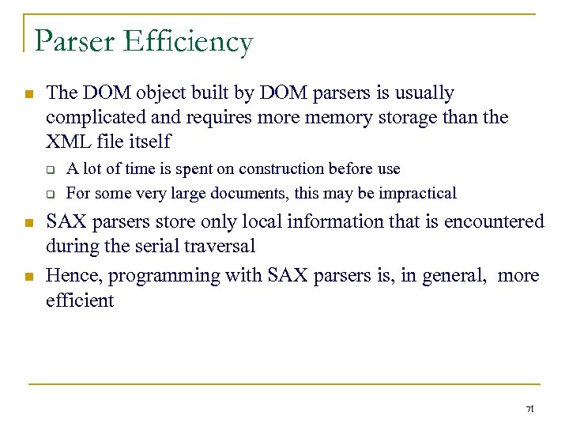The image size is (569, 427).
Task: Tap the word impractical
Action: [417, 193]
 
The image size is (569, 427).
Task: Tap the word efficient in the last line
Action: [80, 300]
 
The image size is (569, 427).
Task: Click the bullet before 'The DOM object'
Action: [28, 94]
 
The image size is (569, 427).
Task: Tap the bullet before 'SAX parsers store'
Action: [28, 223]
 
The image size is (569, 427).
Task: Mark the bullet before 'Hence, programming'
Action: [28, 276]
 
